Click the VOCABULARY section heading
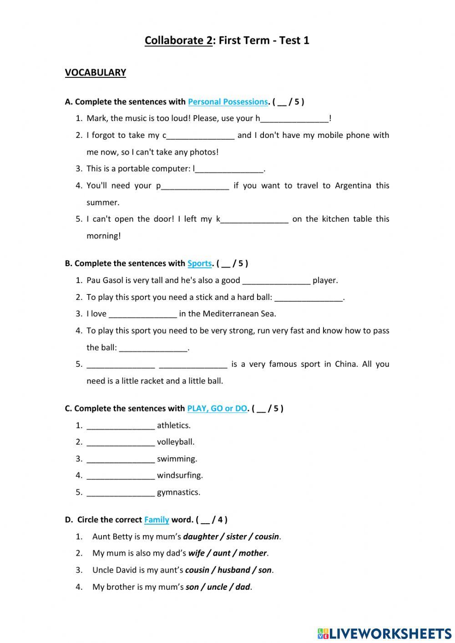coord(95,72)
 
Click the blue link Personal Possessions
coord(227,101)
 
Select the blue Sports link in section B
coord(199,263)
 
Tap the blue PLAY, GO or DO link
coord(217,408)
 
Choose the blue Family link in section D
coord(157,519)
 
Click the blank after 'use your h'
coord(294,119)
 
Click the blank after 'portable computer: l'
coord(229,169)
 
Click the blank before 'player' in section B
coord(277,281)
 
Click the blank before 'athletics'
coord(121,426)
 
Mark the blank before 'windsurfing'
coord(121,476)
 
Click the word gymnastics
coord(178,492)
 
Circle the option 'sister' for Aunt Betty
coord(236,537)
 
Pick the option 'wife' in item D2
coord(197,553)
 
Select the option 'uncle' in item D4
coord(217,587)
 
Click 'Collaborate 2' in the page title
coord(178,41)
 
